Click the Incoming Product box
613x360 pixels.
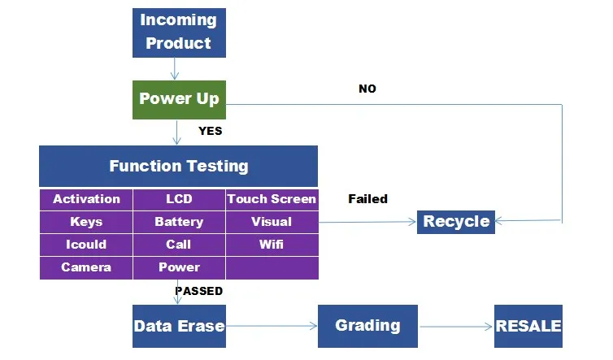[x=179, y=32]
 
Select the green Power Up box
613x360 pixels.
[x=179, y=99]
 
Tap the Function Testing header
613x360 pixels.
[x=178, y=167]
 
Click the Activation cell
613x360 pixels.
[x=86, y=199]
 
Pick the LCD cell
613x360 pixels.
[x=179, y=199]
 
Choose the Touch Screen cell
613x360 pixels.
[x=272, y=199]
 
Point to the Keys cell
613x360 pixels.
[x=86, y=222]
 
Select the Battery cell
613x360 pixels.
[x=179, y=222]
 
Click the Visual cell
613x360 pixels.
[x=272, y=222]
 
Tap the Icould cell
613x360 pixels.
[x=86, y=245]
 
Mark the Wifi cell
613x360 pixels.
[x=272, y=245]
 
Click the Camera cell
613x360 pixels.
[x=86, y=267]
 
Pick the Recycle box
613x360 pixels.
[x=456, y=221]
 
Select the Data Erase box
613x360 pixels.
[x=179, y=327]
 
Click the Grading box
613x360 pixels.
[x=367, y=327]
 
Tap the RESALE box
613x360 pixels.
[x=528, y=327]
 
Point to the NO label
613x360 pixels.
[x=367, y=89]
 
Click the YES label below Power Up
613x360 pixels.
[x=210, y=130]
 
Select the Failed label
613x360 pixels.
[x=367, y=199]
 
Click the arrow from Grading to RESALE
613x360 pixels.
[x=456, y=327]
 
